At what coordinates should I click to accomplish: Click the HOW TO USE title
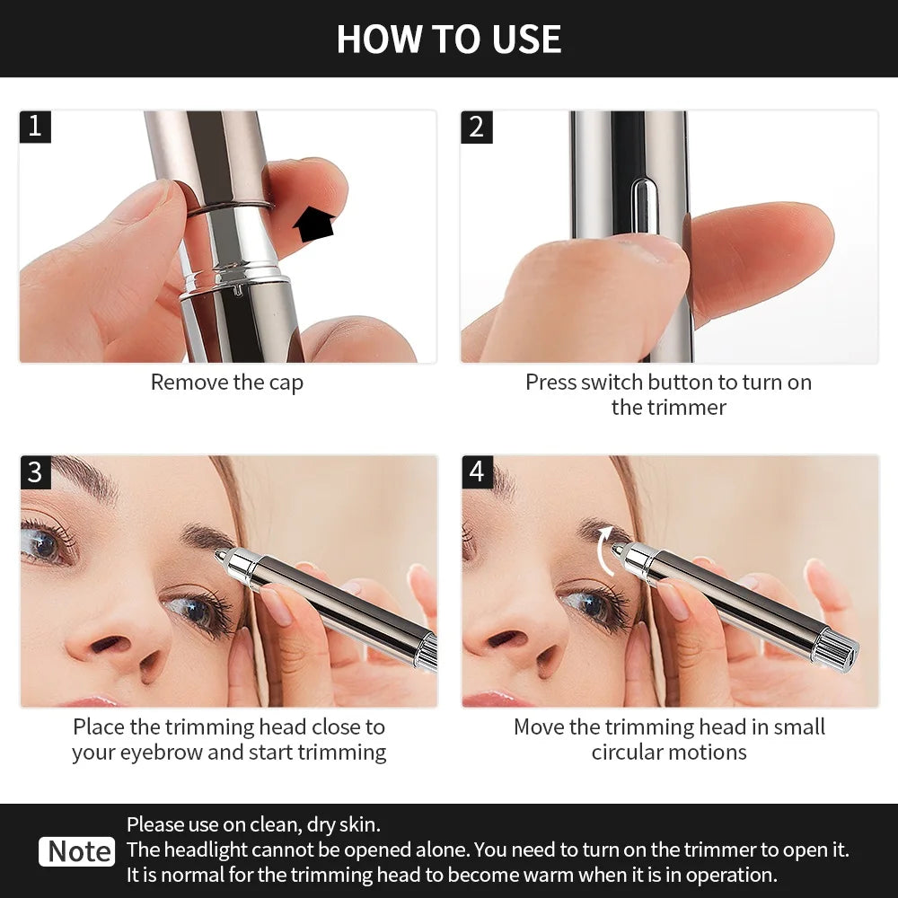449,39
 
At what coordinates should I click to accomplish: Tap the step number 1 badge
35,127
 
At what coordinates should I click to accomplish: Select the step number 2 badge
477,127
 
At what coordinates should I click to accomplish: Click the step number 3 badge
35,471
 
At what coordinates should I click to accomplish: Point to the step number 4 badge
477,471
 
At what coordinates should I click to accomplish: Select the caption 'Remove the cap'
227,382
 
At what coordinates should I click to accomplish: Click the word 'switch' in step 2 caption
610,382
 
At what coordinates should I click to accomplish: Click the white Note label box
77,851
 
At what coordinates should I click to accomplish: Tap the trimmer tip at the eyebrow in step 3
220,557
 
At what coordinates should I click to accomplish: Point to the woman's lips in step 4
489,700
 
